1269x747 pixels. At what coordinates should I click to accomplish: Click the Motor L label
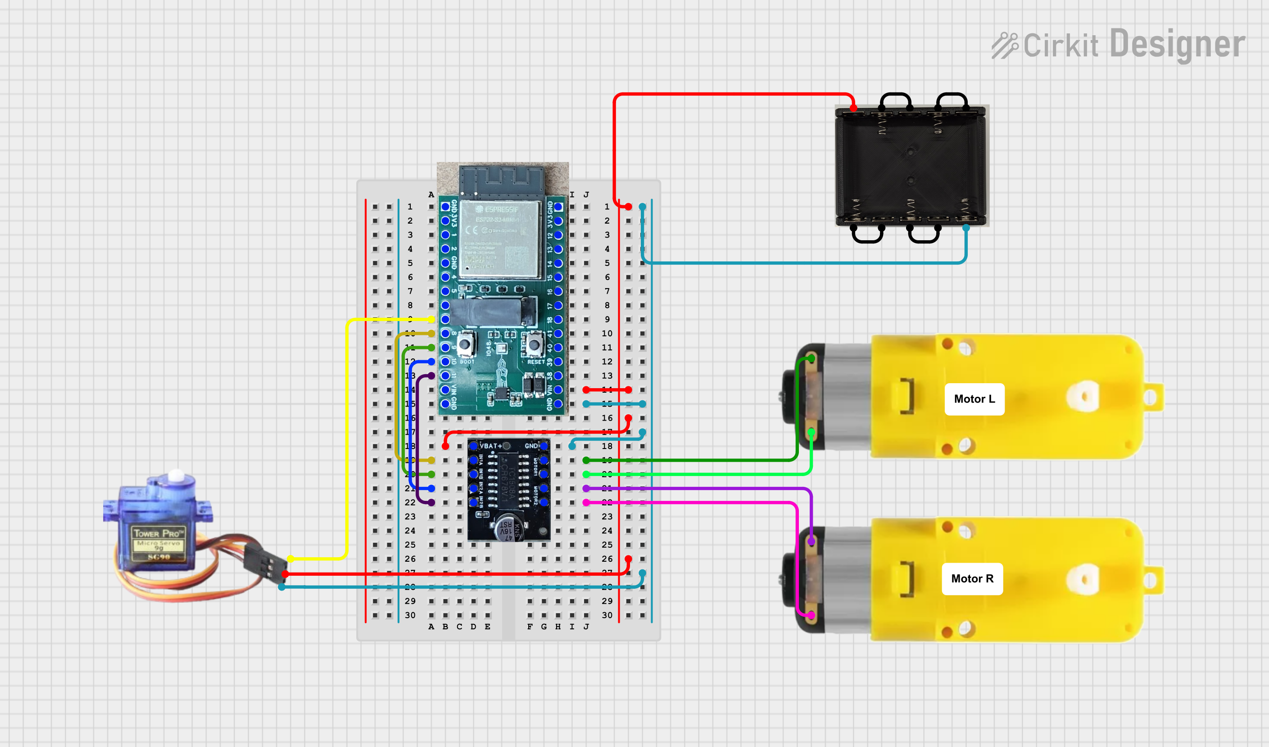(974, 399)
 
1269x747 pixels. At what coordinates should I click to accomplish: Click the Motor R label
(972, 579)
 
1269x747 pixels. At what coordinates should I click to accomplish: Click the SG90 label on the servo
(159, 557)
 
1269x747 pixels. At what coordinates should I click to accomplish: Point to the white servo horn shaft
(176, 475)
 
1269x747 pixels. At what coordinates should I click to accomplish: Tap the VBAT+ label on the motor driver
(490, 446)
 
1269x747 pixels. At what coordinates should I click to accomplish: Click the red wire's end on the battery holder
(853, 108)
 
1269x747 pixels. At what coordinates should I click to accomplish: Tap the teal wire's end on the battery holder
(966, 228)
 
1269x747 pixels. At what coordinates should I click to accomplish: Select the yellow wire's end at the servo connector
(290, 559)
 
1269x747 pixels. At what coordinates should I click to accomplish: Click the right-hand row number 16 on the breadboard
(607, 418)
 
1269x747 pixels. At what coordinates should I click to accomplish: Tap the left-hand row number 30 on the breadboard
(410, 615)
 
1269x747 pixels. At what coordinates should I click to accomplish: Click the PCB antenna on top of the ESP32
(502, 180)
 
